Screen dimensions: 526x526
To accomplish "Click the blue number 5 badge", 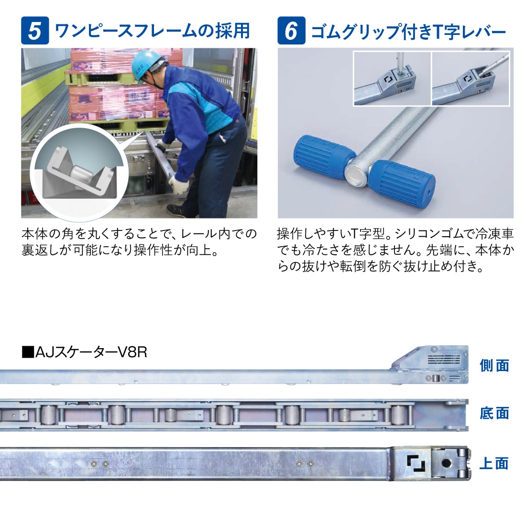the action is click(x=35, y=31).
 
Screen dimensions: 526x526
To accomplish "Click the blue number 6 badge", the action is click(x=291, y=31).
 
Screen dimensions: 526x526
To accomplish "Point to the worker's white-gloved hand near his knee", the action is click(x=177, y=185).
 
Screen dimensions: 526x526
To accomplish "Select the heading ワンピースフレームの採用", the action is click(x=152, y=31).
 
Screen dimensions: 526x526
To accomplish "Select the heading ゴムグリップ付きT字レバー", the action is click(x=408, y=32).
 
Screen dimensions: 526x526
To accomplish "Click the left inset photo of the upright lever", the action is click(x=392, y=78).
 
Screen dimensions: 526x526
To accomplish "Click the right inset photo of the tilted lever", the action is click(x=471, y=78).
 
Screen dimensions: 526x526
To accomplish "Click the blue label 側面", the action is click(x=494, y=365).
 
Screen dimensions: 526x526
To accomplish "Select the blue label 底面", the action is click(x=494, y=413).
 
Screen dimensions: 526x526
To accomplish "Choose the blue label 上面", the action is click(x=494, y=463).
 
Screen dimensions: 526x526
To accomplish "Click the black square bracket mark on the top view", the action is click(x=416, y=463).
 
